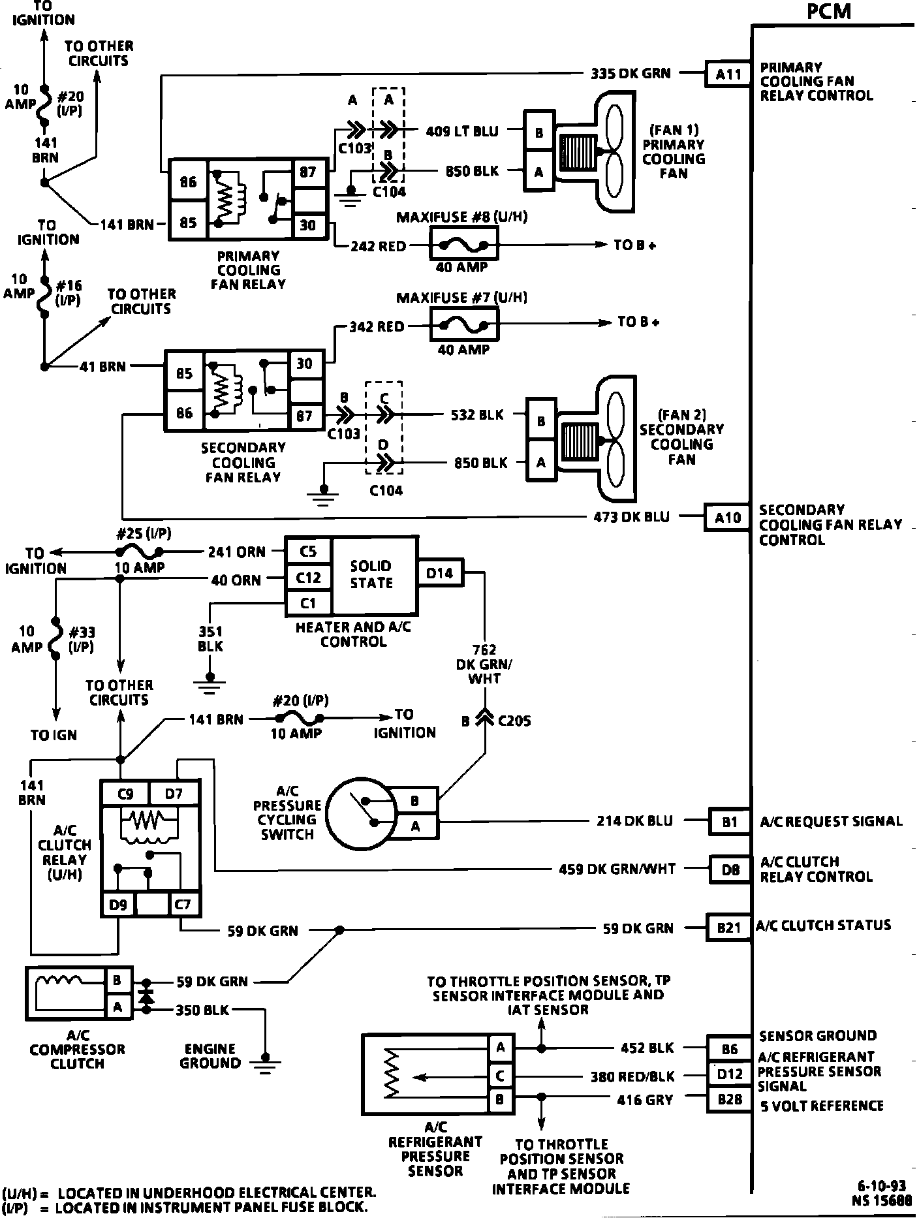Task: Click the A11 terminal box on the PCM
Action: (x=728, y=74)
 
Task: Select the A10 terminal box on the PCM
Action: (x=728, y=518)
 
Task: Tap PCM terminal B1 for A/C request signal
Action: (x=729, y=822)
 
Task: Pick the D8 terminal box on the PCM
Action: (x=730, y=869)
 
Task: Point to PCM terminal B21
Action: (x=728, y=927)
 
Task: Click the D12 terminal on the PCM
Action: (x=730, y=1074)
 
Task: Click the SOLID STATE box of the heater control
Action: (x=371, y=574)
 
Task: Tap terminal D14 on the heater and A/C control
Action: (x=440, y=573)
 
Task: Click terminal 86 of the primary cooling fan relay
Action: (x=188, y=181)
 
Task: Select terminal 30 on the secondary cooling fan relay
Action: (x=305, y=364)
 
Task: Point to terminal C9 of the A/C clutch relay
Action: (x=125, y=794)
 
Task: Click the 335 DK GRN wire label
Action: (x=631, y=73)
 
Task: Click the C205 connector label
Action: (x=514, y=721)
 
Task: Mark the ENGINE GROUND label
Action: (x=210, y=1056)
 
